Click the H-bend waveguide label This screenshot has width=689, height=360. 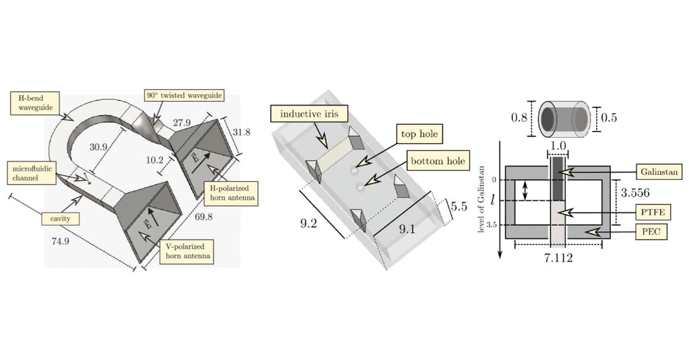tap(28, 103)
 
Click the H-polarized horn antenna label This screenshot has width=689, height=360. tap(230, 193)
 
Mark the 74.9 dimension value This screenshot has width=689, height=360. tap(60, 241)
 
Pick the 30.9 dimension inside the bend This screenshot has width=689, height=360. tap(98, 147)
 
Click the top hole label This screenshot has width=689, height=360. tap(419, 134)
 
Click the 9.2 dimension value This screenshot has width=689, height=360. tap(309, 223)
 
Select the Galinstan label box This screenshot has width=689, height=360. tap(658, 171)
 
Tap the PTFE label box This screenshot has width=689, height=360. tap(653, 212)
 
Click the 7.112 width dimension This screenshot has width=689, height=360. tap(558, 258)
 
